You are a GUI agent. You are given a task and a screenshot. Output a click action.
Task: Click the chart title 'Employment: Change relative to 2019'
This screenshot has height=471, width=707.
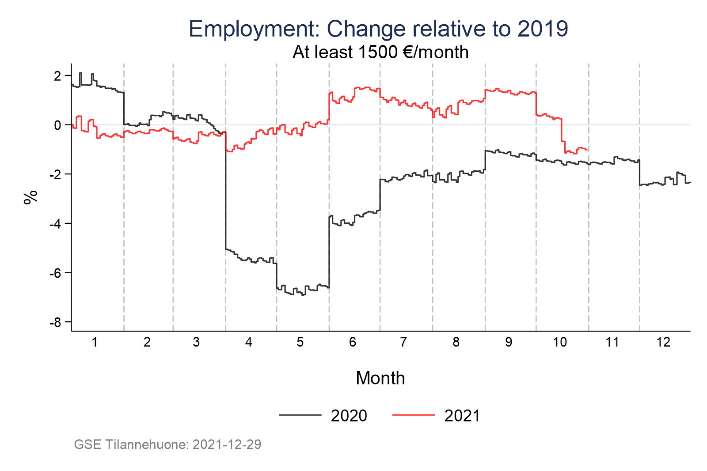point(378,29)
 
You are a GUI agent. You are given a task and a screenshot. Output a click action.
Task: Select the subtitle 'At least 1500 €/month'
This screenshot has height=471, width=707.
point(380,53)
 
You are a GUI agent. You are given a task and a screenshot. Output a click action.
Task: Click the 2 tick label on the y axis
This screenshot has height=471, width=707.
point(57,76)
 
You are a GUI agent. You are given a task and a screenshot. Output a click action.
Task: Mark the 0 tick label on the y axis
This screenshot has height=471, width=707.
point(57,125)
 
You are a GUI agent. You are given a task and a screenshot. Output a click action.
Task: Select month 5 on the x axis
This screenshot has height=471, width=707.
point(300,343)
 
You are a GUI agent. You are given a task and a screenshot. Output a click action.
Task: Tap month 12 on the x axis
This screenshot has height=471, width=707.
point(663,343)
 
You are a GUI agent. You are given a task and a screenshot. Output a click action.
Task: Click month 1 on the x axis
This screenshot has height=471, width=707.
point(95,343)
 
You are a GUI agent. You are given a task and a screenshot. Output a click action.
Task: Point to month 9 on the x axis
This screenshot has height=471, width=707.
point(509,343)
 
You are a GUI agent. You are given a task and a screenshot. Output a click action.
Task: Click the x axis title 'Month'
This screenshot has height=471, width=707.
point(380,378)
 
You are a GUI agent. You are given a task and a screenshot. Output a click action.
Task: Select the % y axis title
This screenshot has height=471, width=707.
point(30,197)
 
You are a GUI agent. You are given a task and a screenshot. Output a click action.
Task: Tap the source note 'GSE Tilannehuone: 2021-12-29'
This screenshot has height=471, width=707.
point(167,444)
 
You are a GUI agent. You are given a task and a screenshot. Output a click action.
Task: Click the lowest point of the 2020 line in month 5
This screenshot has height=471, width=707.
point(303,294)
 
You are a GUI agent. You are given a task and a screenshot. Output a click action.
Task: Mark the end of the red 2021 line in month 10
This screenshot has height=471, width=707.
point(587,150)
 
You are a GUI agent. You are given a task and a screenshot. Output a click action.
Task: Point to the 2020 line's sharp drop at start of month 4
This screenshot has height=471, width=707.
point(226,190)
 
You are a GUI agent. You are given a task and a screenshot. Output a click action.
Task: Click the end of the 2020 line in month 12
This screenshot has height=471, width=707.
point(690,182)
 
